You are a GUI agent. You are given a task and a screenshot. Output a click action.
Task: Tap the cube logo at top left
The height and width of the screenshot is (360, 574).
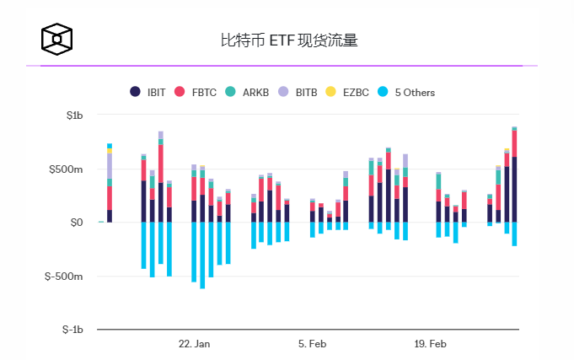(57, 39)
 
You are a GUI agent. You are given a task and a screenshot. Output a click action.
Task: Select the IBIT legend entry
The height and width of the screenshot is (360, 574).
(148, 92)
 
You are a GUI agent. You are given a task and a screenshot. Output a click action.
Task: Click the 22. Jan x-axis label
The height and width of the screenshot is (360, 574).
(195, 344)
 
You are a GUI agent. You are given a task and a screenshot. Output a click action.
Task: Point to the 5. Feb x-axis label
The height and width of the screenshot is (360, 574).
(312, 344)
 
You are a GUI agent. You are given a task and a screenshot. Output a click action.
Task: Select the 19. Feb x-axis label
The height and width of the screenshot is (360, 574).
(431, 344)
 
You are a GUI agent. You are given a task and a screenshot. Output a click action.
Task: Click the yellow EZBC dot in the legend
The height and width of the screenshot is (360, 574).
(330, 92)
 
